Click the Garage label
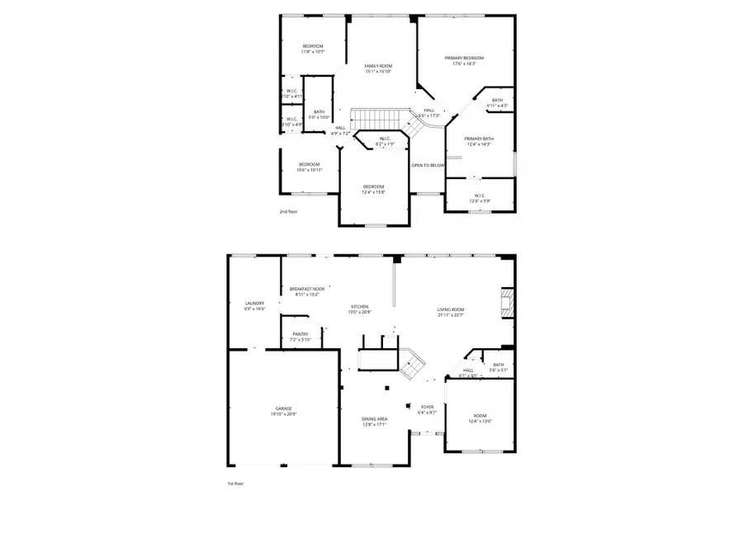(284, 408)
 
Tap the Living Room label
(451, 309)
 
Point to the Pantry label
(300, 334)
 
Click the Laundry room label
(254, 304)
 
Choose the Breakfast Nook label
(307, 289)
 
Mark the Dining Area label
(375, 418)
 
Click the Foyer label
(427, 407)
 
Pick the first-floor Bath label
(499, 365)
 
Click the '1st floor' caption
(235, 484)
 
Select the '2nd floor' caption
(288, 212)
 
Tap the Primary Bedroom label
(464, 58)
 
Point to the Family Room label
(379, 66)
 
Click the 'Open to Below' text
(428, 165)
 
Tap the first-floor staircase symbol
(413, 363)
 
